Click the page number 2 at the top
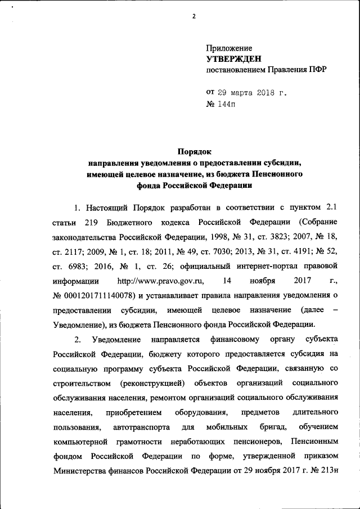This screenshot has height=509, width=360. click(193, 16)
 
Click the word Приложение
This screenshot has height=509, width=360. click(229, 48)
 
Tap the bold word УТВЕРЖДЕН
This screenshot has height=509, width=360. click(234, 59)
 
